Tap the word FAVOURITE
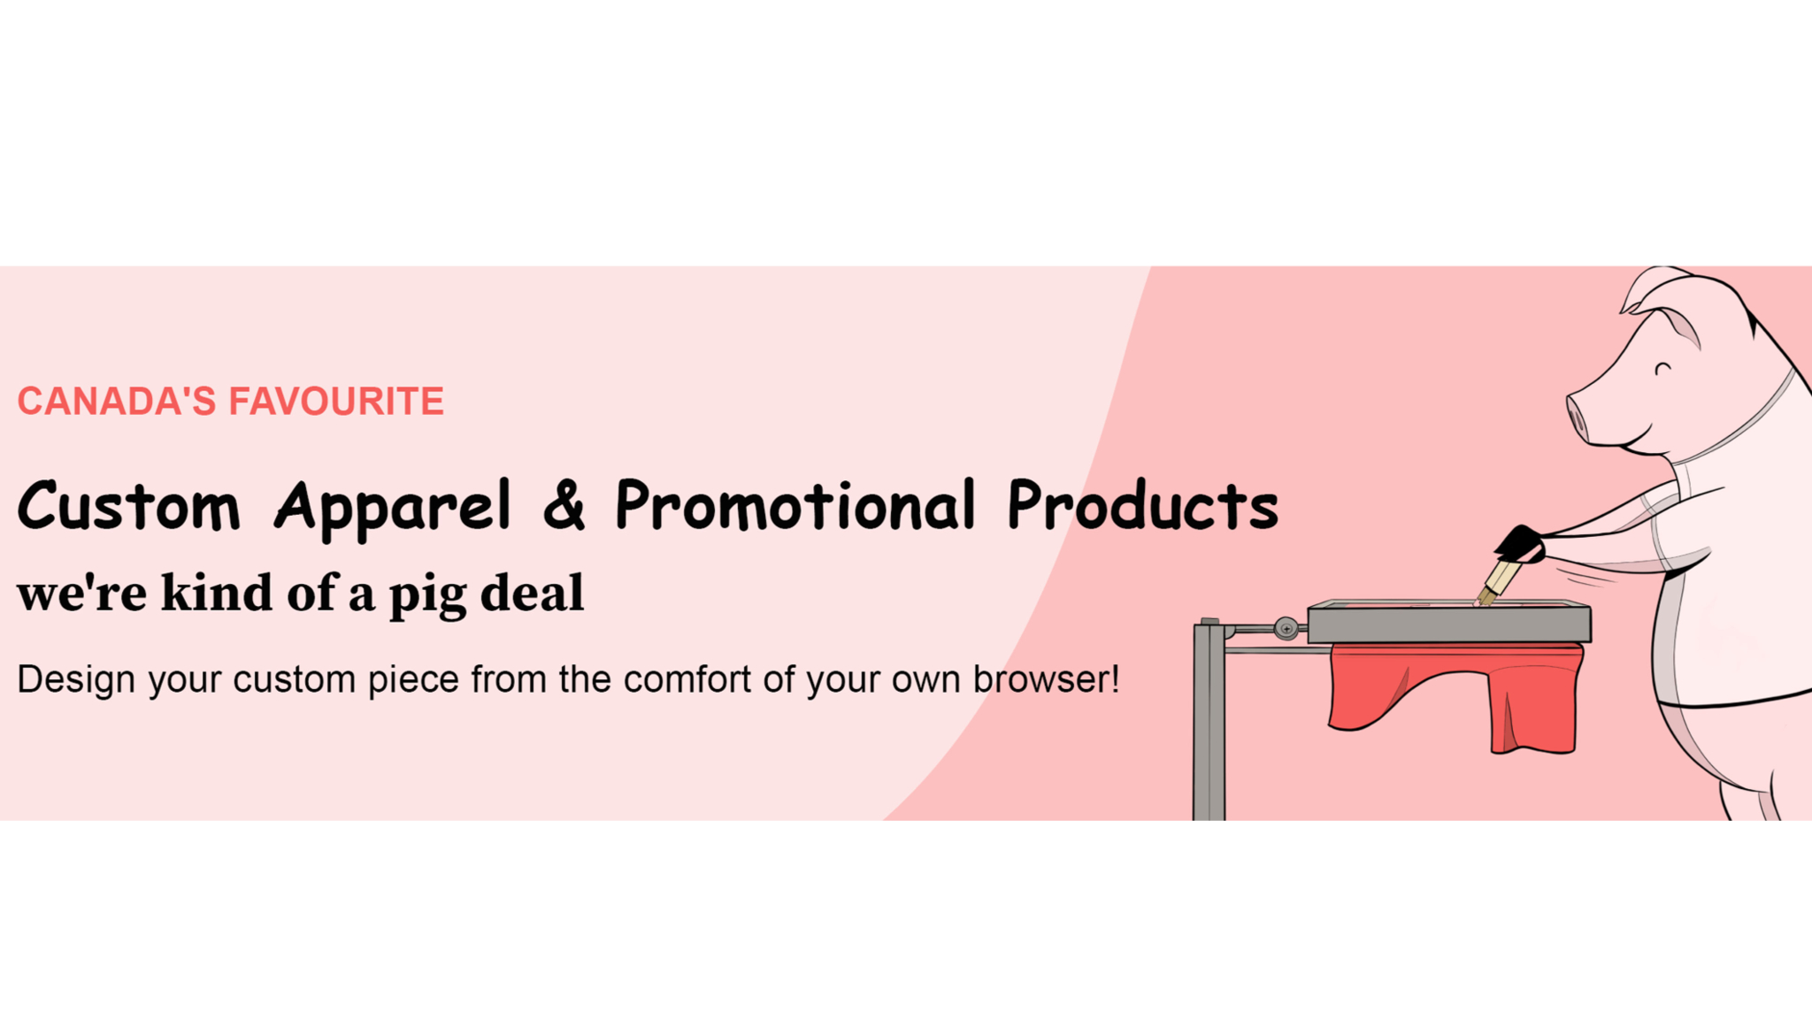[x=336, y=402]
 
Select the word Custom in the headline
[x=129, y=505]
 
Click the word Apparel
[x=393, y=509]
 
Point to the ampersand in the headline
[x=564, y=505]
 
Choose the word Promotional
[x=795, y=505]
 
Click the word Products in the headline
[x=1143, y=505]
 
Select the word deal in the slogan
[x=532, y=592]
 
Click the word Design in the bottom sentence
[x=76, y=680]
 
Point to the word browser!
[x=1046, y=678]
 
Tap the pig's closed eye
[x=1663, y=367]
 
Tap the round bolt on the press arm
[x=1286, y=629]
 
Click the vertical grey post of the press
[x=1209, y=720]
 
